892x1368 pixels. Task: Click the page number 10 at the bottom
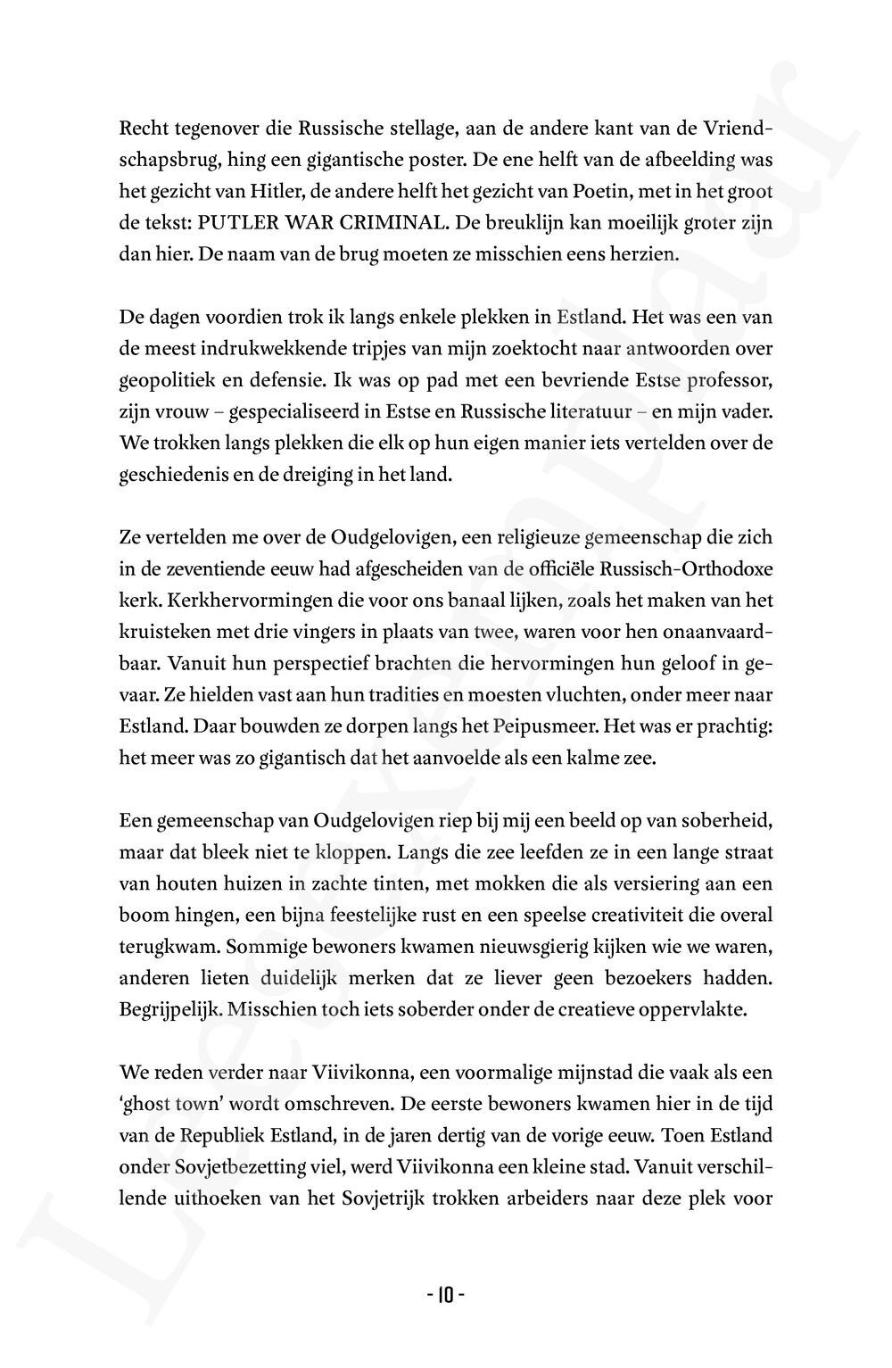point(445,1293)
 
